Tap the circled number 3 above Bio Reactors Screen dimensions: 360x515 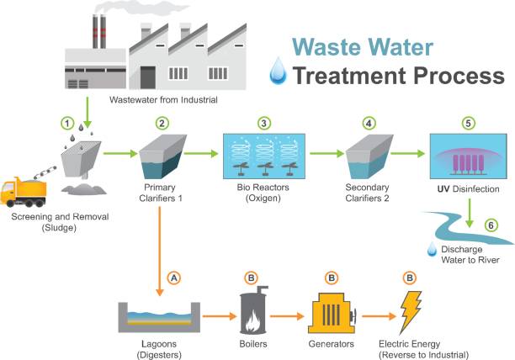[x=263, y=123]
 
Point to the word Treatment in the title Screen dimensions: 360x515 [x=353, y=77]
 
